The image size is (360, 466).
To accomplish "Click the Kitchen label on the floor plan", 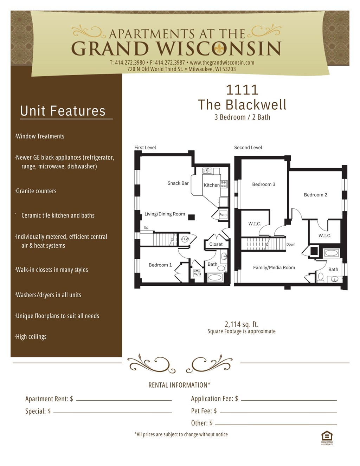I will (x=211, y=185).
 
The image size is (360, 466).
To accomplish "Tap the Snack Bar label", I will (x=178, y=183).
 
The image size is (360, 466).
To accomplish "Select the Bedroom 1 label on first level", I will (x=160, y=265).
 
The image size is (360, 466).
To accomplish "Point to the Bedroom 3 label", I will (x=264, y=185).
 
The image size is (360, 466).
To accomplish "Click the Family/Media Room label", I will (x=274, y=267).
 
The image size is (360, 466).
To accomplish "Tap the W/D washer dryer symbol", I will (x=197, y=273).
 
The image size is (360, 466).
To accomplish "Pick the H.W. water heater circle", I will (x=186, y=239).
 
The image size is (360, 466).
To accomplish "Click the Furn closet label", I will (x=223, y=214).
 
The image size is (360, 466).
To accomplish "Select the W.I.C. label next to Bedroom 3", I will (x=255, y=224).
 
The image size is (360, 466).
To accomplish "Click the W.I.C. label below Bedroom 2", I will (x=324, y=236).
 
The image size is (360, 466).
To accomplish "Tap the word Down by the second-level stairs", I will (x=291, y=244).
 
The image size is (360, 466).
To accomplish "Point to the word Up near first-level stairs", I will (x=146, y=227).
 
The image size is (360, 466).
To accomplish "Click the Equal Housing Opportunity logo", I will (x=327, y=438).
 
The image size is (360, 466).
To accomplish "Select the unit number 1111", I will (x=242, y=90).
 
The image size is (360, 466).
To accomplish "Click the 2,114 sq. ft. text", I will (x=242, y=324).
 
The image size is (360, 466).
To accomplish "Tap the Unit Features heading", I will (x=63, y=111).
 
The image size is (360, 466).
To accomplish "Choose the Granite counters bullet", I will (x=36, y=191).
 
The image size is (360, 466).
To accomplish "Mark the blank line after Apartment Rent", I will (x=124, y=400).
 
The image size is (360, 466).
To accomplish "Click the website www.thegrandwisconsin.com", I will (x=222, y=63).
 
